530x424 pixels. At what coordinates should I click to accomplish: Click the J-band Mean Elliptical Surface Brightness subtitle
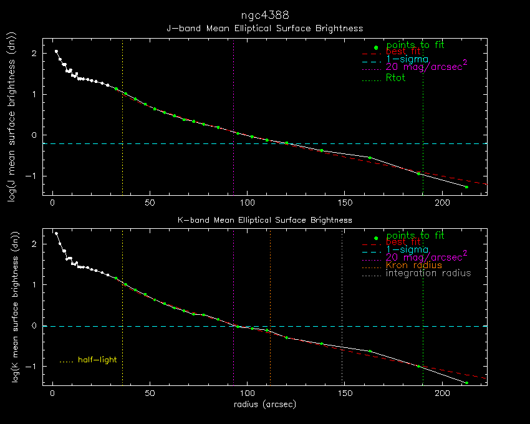click(264, 28)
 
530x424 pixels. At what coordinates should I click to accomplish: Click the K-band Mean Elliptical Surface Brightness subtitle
click(264, 220)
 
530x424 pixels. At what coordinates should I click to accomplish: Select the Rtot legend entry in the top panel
click(396, 78)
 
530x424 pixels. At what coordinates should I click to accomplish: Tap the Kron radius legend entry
click(414, 265)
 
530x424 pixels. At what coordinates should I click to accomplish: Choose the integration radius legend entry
click(428, 273)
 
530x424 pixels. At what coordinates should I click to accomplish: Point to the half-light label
click(97, 360)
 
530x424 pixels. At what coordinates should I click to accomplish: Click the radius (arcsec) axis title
click(264, 404)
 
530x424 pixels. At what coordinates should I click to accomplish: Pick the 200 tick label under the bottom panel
click(442, 395)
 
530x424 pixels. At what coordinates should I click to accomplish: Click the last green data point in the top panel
click(466, 186)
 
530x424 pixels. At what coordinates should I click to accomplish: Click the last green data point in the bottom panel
click(466, 382)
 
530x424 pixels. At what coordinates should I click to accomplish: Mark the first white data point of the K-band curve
click(56, 233)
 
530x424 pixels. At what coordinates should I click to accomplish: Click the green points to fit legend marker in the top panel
click(375, 48)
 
